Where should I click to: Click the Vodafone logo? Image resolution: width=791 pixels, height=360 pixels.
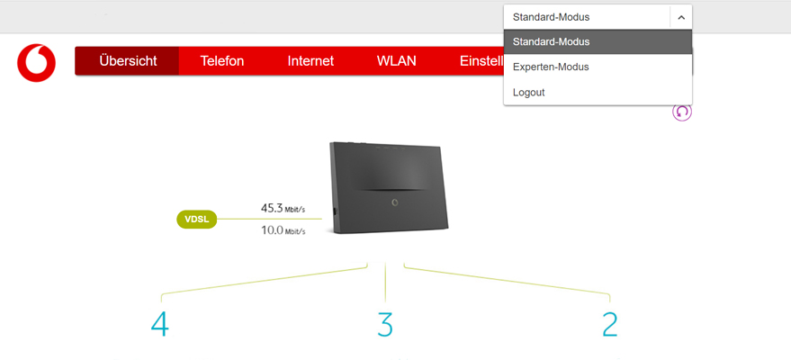coord(36,62)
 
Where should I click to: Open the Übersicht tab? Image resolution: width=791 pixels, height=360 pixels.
coord(128,61)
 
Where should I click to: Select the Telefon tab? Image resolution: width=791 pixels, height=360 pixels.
coord(222,61)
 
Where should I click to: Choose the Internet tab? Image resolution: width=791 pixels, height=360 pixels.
coord(310,61)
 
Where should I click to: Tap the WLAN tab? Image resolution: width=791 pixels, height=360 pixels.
coord(397,61)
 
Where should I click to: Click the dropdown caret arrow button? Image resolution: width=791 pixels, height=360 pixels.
coord(681,18)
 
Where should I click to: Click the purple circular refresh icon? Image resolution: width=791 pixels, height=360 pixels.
coord(682,112)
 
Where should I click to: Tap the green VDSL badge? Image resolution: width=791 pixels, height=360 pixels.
coord(197,220)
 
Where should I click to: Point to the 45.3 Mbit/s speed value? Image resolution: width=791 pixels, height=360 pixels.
coord(283,208)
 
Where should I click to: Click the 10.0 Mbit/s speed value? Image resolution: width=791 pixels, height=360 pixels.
coord(283,231)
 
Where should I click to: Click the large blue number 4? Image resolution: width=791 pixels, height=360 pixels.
coord(160,324)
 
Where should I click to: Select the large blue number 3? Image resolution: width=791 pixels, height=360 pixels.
coord(385,324)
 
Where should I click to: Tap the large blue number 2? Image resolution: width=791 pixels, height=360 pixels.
coord(610,324)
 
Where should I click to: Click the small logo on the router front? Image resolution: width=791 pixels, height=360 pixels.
coord(394,202)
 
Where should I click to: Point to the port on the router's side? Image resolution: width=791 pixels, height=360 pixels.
coord(334,211)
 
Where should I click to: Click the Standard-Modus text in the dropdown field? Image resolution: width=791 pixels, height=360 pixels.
coord(551,17)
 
